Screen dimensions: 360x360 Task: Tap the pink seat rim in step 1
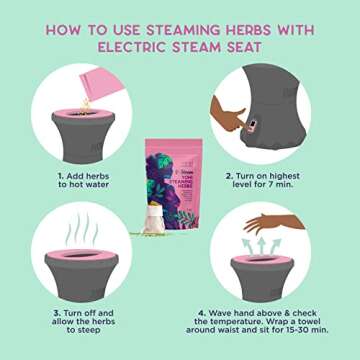79,123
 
